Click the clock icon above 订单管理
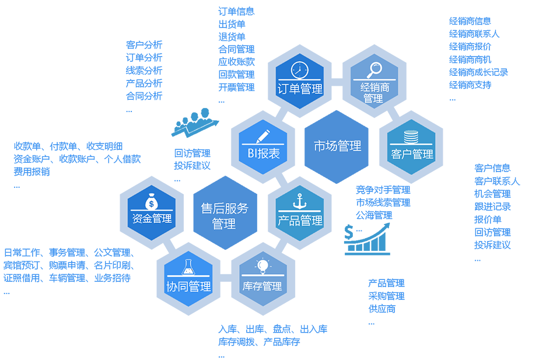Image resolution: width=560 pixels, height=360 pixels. pos(299,69)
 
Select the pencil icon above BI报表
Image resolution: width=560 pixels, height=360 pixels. pos(263,135)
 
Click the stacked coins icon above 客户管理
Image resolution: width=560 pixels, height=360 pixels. pos(411,137)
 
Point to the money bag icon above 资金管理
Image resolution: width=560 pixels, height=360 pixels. pos(152,202)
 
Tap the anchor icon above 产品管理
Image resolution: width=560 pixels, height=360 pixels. pos(300,202)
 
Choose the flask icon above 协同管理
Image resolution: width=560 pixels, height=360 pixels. pos(188,268)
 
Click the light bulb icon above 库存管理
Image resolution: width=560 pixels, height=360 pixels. pos(263,267)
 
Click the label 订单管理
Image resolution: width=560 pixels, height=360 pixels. pos(300,89)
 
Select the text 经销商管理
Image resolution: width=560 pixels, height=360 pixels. pos(374,93)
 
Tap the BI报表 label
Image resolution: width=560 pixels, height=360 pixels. pos(263,154)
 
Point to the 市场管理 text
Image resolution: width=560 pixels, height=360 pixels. pos(337,146)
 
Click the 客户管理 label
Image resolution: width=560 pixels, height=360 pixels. pos(412,155)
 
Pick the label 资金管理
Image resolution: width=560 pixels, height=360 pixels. pos(152,219)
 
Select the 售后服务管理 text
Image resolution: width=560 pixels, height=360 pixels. pos(225,216)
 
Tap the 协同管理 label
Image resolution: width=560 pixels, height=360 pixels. pos(188,286)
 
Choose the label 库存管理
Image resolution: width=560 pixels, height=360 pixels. pos(262,286)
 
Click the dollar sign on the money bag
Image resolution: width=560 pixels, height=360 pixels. pos(152,204)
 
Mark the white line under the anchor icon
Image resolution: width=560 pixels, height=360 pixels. pos(300,211)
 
